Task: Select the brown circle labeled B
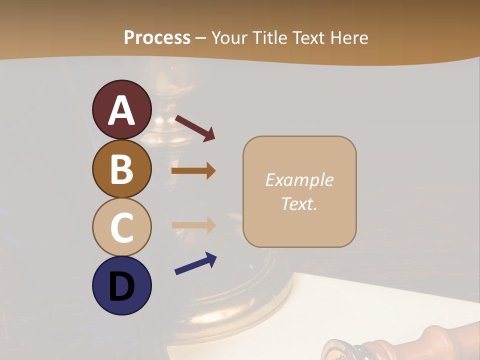[x=121, y=168]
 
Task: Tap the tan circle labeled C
[x=121, y=227]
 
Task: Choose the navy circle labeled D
[x=121, y=285]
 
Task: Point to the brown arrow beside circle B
[x=193, y=171]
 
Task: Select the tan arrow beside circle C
[x=193, y=225]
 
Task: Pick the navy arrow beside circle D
[x=195, y=263]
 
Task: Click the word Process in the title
[x=157, y=38]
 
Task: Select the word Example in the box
[x=299, y=180]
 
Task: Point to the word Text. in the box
[x=299, y=203]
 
